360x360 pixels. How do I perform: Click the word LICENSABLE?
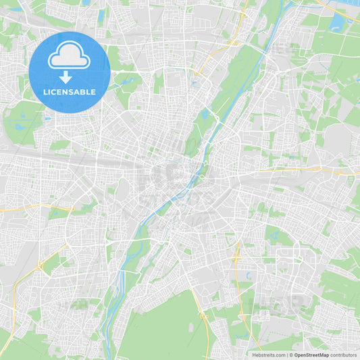[x=69, y=92]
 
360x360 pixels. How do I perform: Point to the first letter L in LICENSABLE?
[x=46, y=92]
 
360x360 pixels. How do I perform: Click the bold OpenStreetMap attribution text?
[x=311, y=355]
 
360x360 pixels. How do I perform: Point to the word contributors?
[x=344, y=355]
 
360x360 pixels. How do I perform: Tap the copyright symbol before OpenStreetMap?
[x=290, y=355]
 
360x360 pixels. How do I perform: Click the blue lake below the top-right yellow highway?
[x=336, y=24]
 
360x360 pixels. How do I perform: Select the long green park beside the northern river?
[x=233, y=81]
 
